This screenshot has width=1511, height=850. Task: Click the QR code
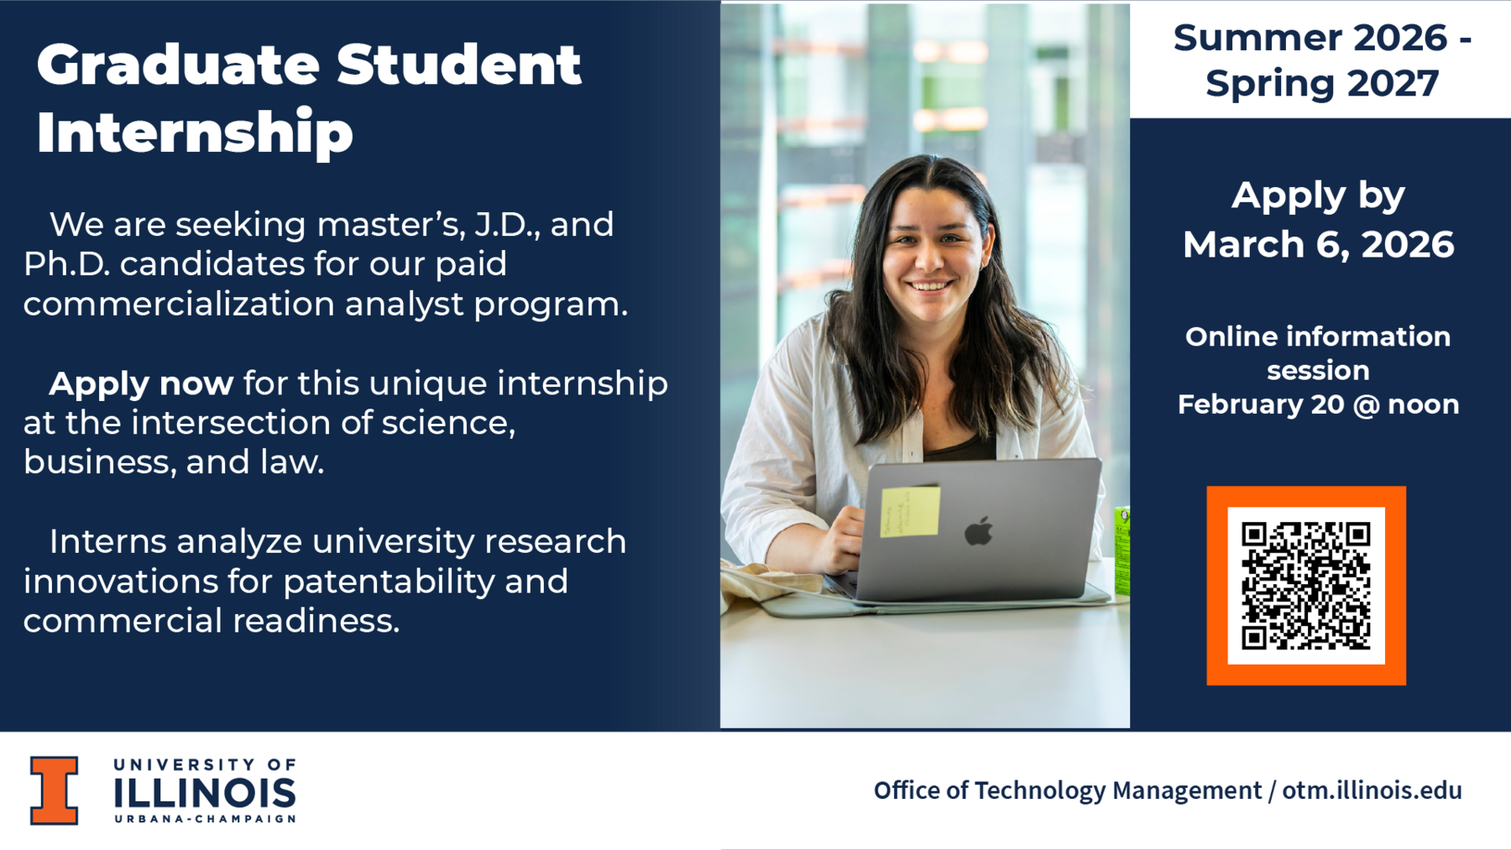click(1306, 586)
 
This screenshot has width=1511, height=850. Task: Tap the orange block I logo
click(55, 790)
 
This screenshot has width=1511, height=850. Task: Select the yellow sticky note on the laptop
click(910, 511)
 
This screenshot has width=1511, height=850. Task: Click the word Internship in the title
click(195, 133)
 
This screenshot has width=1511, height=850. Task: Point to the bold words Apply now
click(141, 383)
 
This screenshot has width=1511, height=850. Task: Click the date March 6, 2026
click(1318, 244)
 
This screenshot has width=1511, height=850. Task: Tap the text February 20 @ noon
click(1318, 404)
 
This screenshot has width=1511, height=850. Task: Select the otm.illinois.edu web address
click(1372, 790)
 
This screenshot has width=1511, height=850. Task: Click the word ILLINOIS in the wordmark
click(205, 792)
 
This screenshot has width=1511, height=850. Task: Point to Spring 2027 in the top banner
click(1322, 84)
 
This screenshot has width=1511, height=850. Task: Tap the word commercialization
click(179, 304)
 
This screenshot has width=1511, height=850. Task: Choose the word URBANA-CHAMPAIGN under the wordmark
click(205, 819)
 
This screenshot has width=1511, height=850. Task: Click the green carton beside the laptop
click(1121, 550)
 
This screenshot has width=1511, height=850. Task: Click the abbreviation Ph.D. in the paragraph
click(67, 264)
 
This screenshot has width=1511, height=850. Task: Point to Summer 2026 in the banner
click(1310, 38)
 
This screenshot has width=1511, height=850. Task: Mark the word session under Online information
click(1318, 370)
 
